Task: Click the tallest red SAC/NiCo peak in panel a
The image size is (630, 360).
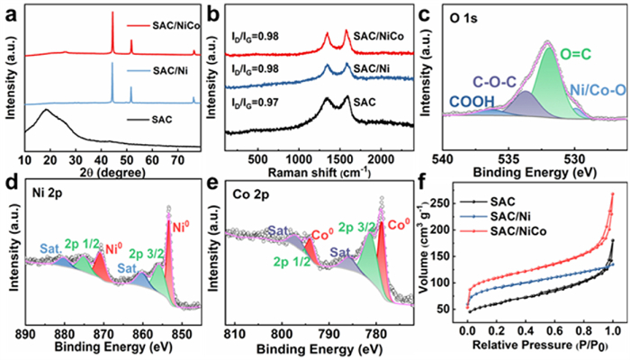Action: coord(112,13)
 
